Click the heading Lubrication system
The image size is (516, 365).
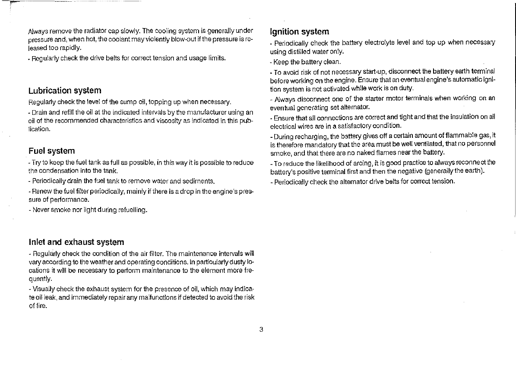pos(65,91)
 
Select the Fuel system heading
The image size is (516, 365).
pos(51,151)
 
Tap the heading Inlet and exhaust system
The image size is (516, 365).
pos(76,242)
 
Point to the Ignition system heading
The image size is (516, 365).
pos(299,32)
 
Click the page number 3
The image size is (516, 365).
pos(261,329)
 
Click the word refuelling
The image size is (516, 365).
pos(132,210)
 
